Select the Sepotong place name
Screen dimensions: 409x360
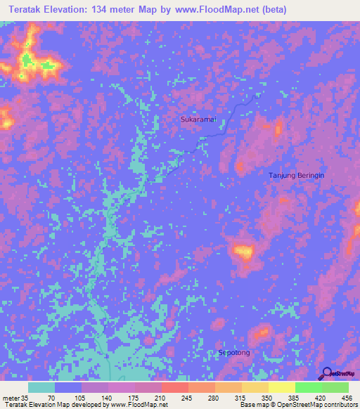click(x=234, y=352)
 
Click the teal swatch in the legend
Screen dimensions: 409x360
click(x=41, y=387)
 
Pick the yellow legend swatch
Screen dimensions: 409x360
click(x=282, y=387)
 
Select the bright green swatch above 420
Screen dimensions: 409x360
click(x=309, y=387)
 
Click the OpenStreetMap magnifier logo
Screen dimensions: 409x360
click(x=327, y=374)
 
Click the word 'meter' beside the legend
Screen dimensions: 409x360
click(x=11, y=398)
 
